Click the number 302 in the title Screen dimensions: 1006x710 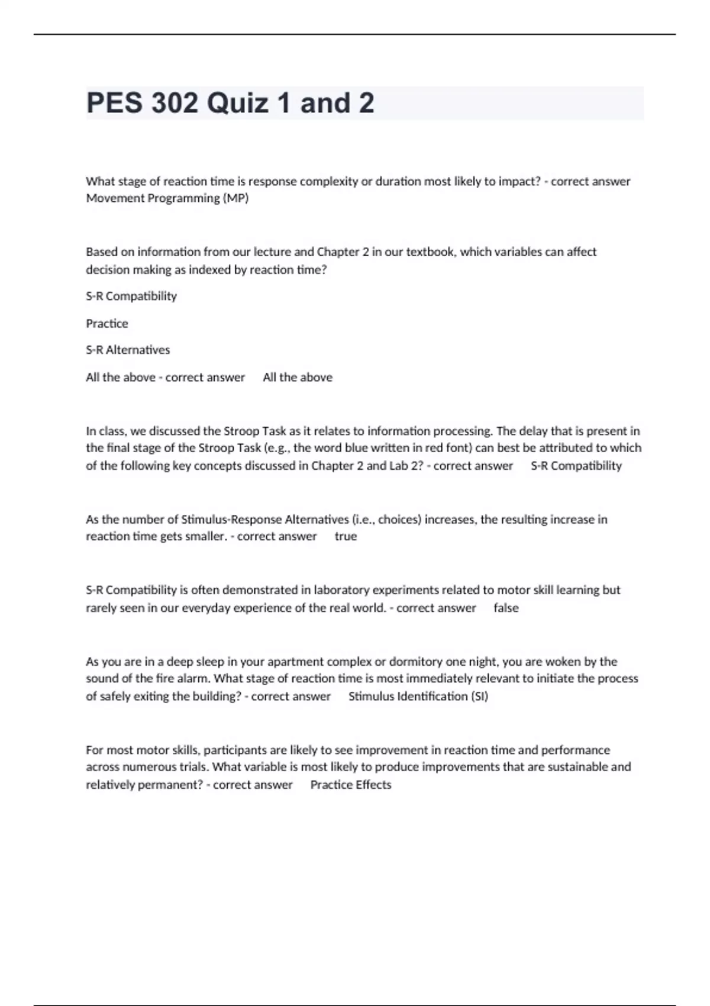pos(175,103)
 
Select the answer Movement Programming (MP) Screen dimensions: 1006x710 pos(167,198)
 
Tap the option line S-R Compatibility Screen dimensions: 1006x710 pos(131,296)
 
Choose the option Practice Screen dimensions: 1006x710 pos(107,323)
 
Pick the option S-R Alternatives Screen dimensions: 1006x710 pos(128,350)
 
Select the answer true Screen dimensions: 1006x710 pos(346,536)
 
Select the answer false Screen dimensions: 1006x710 pos(506,608)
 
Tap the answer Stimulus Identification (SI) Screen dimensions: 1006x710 pos(418,696)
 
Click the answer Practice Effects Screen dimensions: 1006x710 pos(351,785)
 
